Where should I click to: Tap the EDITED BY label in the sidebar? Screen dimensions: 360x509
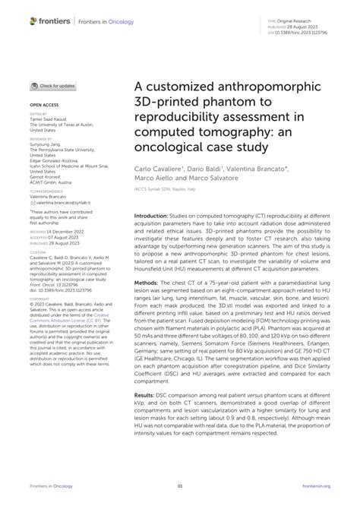(39, 114)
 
